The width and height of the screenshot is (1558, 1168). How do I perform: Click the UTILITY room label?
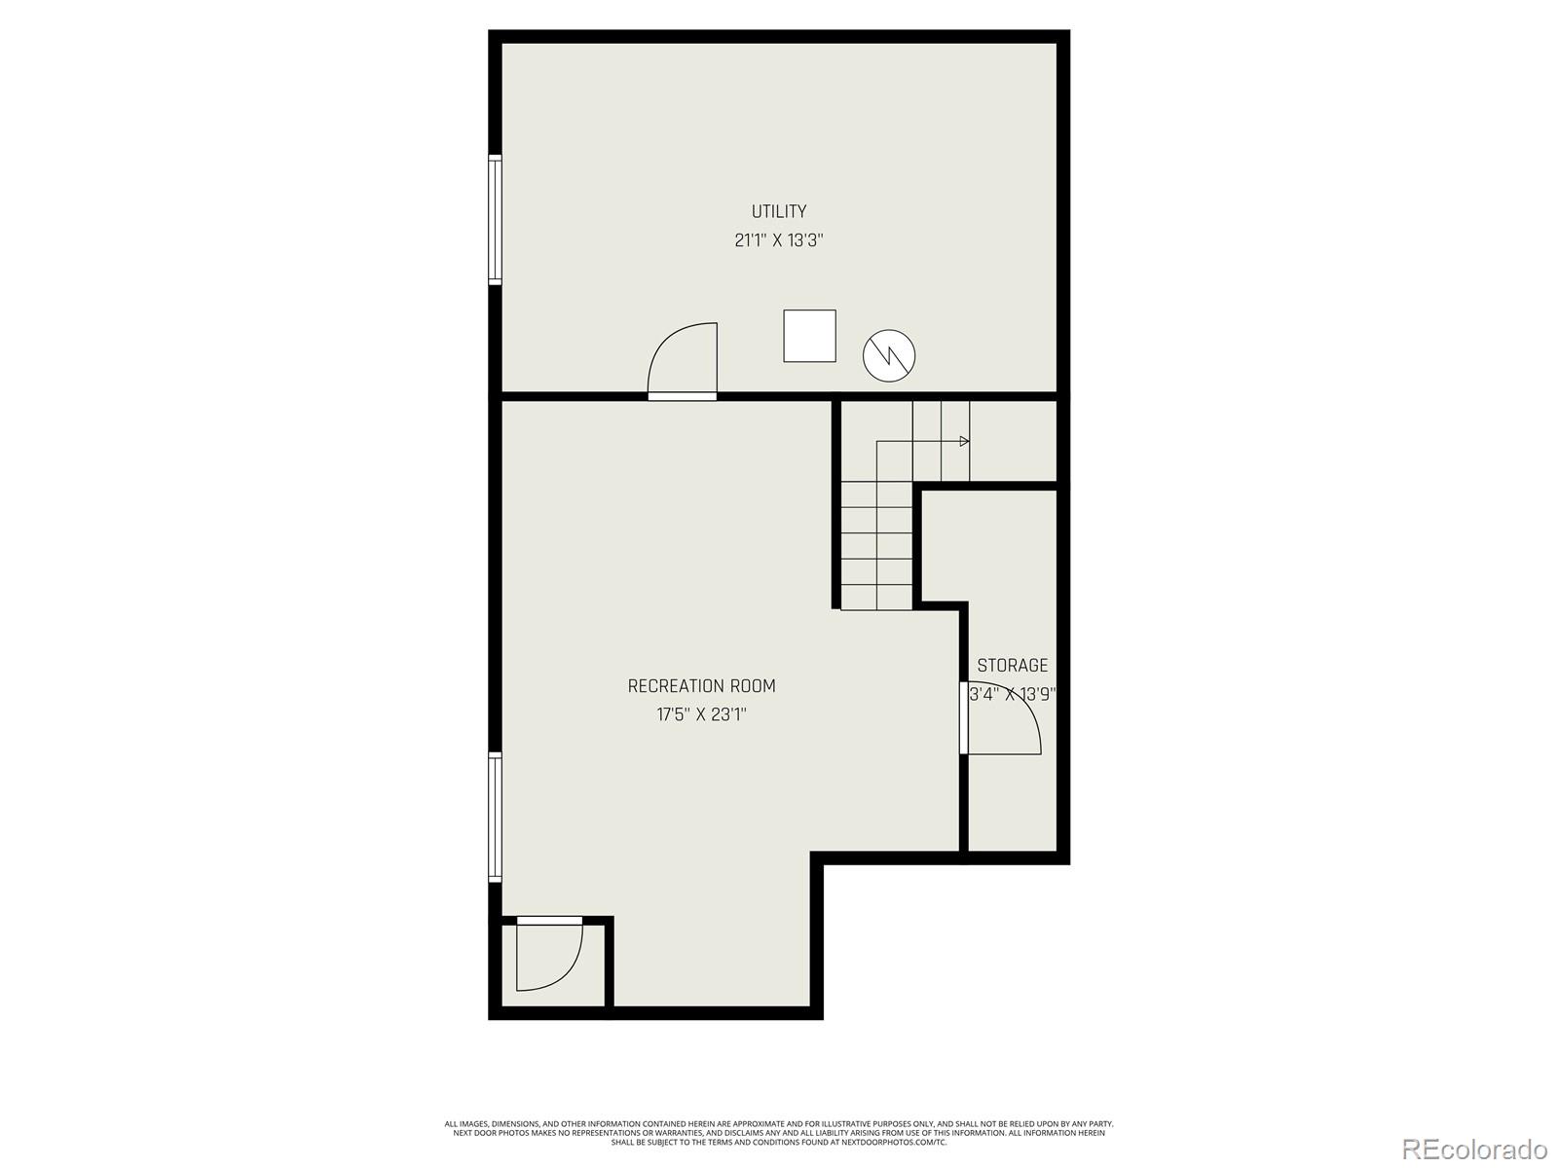point(778,211)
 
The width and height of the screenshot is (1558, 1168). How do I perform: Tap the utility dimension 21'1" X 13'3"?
point(778,240)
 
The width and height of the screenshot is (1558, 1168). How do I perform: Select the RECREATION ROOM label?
point(701,686)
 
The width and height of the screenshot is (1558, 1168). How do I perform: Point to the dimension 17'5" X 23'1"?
point(701,715)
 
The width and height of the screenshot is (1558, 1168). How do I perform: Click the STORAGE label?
point(1013,666)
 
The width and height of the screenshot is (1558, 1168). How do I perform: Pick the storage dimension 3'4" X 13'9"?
point(1013,695)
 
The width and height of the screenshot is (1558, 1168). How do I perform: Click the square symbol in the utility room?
point(809,336)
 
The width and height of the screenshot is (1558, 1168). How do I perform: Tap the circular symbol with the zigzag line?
point(889,355)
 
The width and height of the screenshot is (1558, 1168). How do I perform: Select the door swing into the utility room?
point(684,360)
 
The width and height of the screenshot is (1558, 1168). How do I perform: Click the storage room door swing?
point(1003,720)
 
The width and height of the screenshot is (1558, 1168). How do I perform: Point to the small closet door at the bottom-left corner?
point(548,954)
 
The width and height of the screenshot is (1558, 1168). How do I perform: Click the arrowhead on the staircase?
point(964,442)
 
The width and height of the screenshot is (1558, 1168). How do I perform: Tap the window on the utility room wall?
point(495,219)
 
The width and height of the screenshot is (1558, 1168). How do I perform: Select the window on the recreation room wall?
point(495,818)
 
